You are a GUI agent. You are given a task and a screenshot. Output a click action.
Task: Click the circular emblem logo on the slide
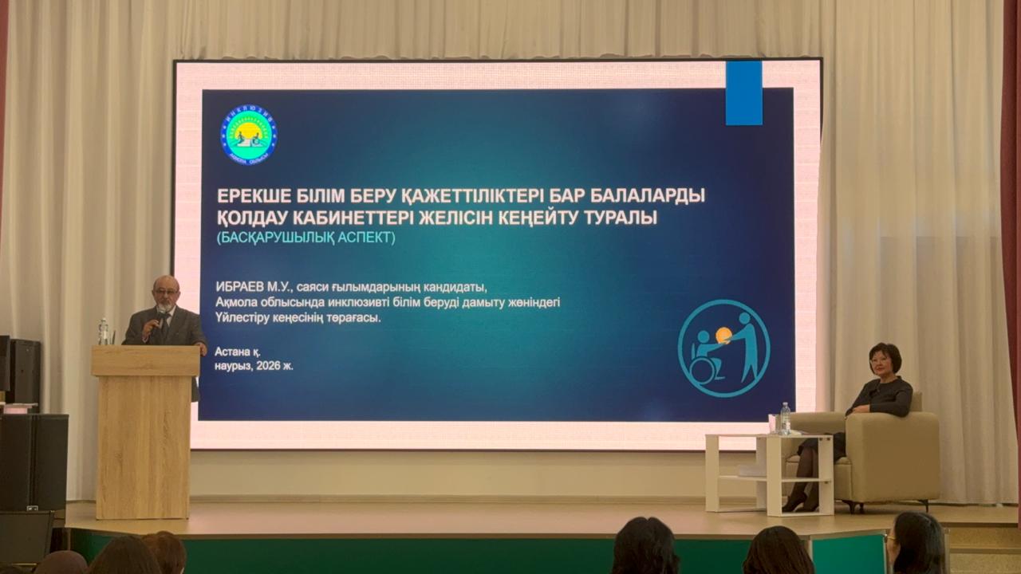pos(249,136)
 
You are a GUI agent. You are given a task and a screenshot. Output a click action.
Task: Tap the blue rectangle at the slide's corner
pos(743,92)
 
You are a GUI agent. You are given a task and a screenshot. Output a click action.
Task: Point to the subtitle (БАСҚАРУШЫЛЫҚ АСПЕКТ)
pos(306,238)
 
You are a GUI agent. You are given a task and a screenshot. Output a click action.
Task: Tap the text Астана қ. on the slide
pos(238,351)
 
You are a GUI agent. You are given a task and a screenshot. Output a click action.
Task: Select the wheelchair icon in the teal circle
pos(705,359)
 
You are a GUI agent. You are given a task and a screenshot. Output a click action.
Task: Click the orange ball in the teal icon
pos(723,335)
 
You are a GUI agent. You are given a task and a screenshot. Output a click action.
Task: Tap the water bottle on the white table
pos(785,419)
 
